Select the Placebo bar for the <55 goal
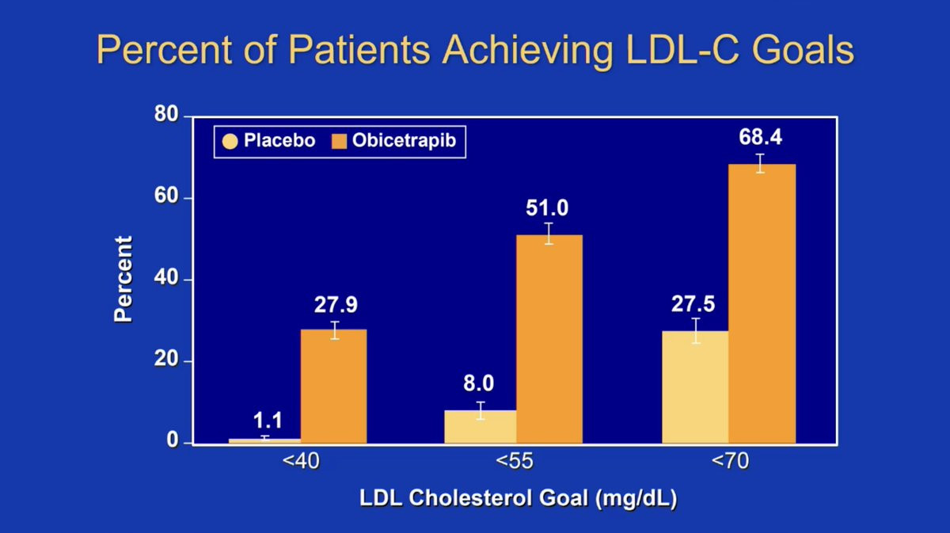[x=480, y=427]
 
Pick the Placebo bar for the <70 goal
[x=695, y=387]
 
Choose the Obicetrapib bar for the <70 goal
[x=762, y=304]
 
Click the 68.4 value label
[x=760, y=137]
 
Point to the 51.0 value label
[x=547, y=208]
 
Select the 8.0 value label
[x=478, y=384]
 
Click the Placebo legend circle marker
[x=230, y=142]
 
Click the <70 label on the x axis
[x=729, y=463]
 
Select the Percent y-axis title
[x=123, y=279]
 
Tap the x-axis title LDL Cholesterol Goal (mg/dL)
[x=519, y=500]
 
